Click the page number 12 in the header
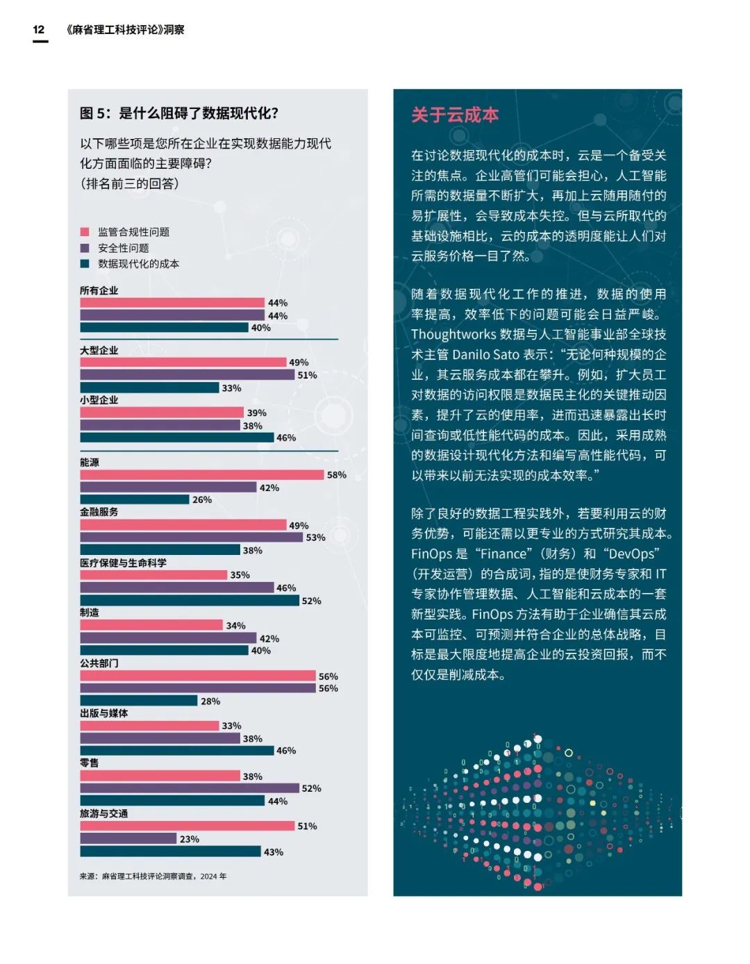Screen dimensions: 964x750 click(x=39, y=29)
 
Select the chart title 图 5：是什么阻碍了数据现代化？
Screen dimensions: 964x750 click(x=179, y=113)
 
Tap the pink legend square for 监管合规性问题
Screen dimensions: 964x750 click(x=85, y=232)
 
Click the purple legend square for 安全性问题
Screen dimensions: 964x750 click(x=85, y=248)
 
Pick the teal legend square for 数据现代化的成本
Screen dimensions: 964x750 click(x=85, y=264)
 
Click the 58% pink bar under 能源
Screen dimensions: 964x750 click(x=202, y=475)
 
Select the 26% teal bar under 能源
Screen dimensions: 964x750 click(x=135, y=499)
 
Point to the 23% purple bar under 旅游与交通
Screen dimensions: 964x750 click(x=128, y=839)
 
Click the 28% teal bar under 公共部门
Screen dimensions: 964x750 click(x=139, y=701)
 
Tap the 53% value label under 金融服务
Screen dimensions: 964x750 click(x=315, y=538)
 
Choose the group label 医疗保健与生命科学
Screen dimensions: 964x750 click(x=123, y=563)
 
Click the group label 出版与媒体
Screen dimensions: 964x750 click(x=103, y=713)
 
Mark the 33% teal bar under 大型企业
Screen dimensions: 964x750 click(x=149, y=388)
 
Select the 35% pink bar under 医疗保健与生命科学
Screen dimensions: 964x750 click(x=153, y=575)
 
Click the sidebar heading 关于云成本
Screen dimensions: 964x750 click(x=455, y=115)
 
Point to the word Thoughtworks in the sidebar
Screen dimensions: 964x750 click(x=453, y=335)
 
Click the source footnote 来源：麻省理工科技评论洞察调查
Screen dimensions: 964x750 click(x=153, y=876)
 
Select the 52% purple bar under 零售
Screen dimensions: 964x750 click(x=190, y=788)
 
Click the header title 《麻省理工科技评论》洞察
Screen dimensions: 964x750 click(x=126, y=30)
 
